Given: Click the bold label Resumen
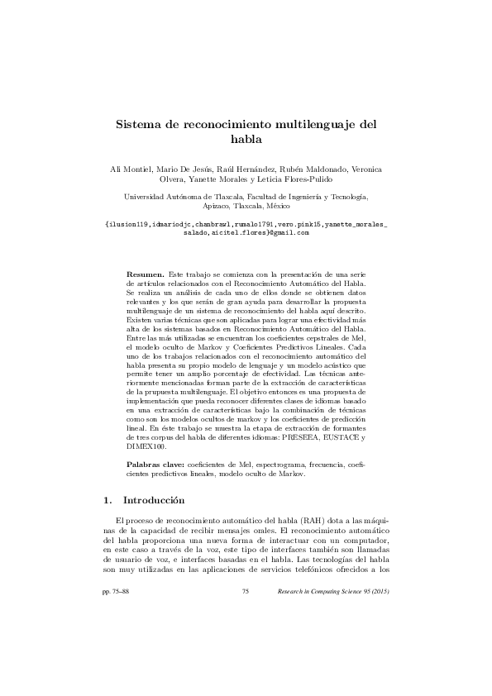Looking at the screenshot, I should click(x=145, y=273).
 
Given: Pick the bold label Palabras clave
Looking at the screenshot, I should click(x=156, y=467).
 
